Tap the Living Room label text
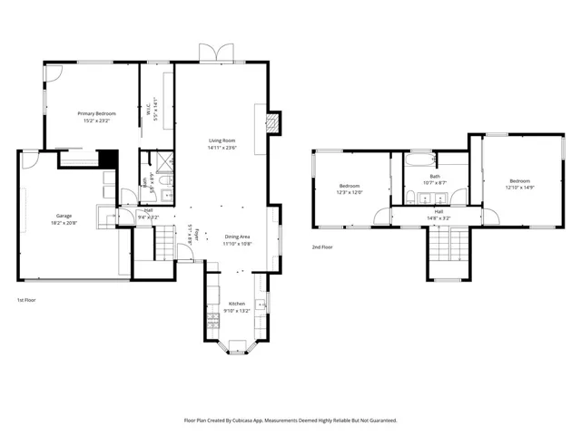(222, 140)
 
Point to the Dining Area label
(238, 237)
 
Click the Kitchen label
(236, 304)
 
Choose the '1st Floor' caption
(26, 299)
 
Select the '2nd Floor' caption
(322, 246)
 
